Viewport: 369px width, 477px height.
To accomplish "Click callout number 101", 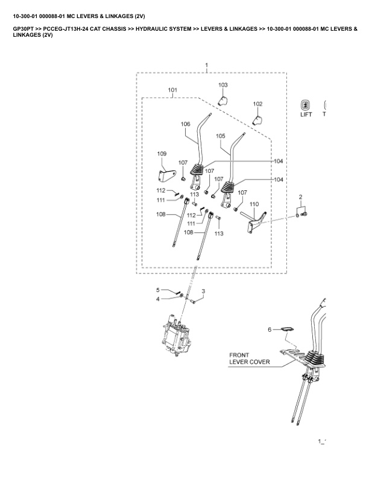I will (x=172, y=90).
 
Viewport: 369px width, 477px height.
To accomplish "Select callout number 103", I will (x=223, y=85).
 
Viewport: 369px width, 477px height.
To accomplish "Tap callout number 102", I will (x=257, y=104).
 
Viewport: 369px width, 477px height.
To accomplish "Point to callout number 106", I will (x=185, y=124).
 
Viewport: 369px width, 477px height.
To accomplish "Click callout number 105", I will (x=220, y=136).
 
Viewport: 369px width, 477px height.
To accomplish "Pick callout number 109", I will (x=162, y=154).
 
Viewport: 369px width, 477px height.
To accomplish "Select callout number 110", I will (x=254, y=205).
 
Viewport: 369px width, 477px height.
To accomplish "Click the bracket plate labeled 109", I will (x=165, y=176).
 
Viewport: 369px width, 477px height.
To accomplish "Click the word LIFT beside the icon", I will (x=306, y=114).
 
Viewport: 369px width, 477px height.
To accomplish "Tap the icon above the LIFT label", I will (x=306, y=104).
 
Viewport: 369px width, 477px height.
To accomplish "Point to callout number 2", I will (x=300, y=198).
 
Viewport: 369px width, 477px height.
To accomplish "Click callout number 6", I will (x=270, y=329).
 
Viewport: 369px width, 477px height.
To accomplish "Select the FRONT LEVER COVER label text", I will (x=249, y=359).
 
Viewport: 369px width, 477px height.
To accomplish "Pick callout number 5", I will (x=159, y=290).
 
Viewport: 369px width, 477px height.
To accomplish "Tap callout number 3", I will (x=203, y=291).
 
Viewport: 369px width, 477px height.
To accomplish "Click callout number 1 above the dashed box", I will (x=207, y=64).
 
